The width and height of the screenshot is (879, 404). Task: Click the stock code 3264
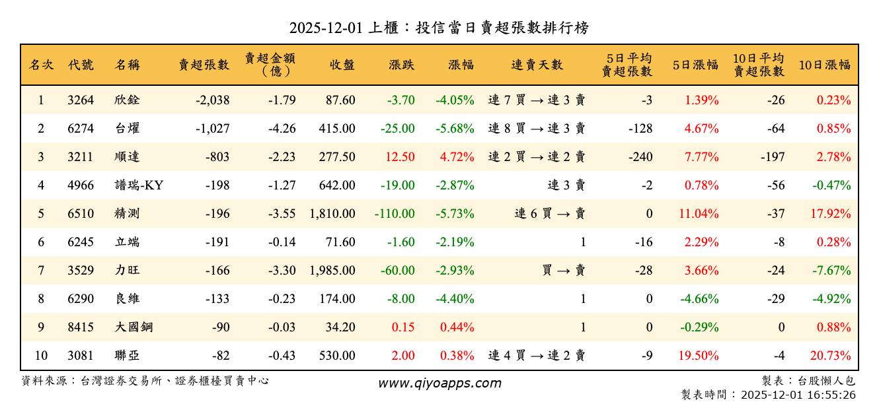pyautogui.click(x=81, y=100)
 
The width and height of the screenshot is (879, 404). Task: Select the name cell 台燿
pyautogui.click(x=127, y=129)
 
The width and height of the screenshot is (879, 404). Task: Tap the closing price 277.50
pyautogui.click(x=336, y=157)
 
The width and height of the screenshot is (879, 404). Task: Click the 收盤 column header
pyautogui.click(x=341, y=65)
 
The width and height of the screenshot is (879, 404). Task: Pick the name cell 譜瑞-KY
pyautogui.click(x=138, y=185)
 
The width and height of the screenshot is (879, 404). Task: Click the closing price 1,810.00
pyautogui.click(x=332, y=214)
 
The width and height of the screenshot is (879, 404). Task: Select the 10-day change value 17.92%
pyautogui.click(x=830, y=214)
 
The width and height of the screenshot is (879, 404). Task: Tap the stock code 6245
pyautogui.click(x=81, y=242)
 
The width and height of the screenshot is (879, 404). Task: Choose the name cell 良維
pyautogui.click(x=127, y=299)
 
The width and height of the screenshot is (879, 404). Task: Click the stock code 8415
pyautogui.click(x=81, y=327)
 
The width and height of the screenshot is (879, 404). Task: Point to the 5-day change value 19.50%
pyautogui.click(x=699, y=356)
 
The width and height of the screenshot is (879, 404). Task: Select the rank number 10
pyautogui.click(x=41, y=356)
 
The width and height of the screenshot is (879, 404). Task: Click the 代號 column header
pyautogui.click(x=81, y=65)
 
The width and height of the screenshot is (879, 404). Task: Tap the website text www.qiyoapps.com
pyautogui.click(x=439, y=383)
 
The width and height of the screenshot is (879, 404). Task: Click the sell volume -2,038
pyautogui.click(x=213, y=100)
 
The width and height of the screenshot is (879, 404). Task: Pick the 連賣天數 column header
pyautogui.click(x=537, y=65)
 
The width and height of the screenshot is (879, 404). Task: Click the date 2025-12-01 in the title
pyautogui.click(x=325, y=28)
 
